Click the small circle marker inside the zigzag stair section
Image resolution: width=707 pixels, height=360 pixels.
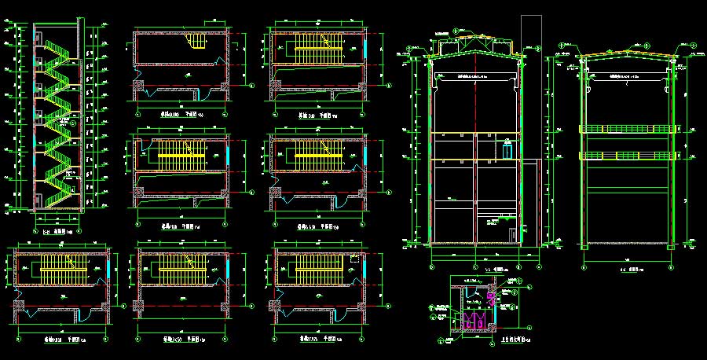[x=70, y=122]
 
